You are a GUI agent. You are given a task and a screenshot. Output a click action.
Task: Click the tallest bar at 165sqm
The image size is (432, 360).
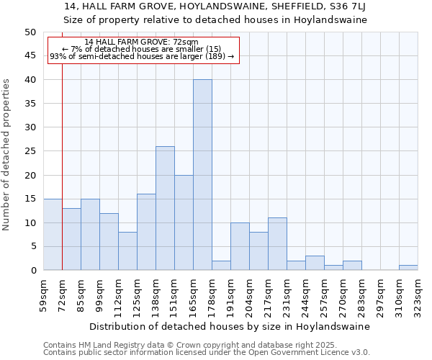[x=202, y=175]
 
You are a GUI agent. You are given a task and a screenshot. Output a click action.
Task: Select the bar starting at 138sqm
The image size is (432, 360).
[x=165, y=208]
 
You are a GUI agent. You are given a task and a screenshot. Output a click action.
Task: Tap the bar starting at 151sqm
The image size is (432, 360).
[x=184, y=222]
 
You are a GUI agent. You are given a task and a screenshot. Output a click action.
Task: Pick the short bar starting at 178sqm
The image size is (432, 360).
[x=221, y=266]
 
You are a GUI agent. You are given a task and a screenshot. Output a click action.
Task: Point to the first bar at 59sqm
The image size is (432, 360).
[x=53, y=235]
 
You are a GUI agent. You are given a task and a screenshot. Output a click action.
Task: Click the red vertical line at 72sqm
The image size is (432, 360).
[x=63, y=166]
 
